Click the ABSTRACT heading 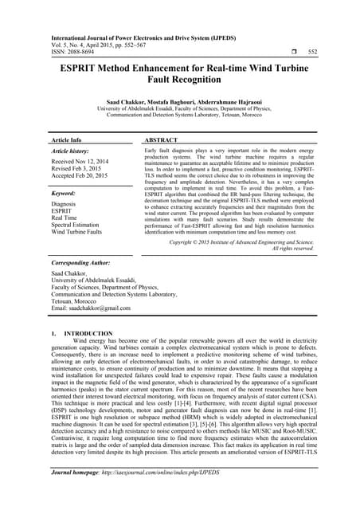tap(166, 139)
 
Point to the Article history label tap(71, 151)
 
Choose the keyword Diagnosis tap(68, 204)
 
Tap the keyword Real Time tap(68, 218)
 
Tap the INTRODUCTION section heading tap(88, 332)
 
